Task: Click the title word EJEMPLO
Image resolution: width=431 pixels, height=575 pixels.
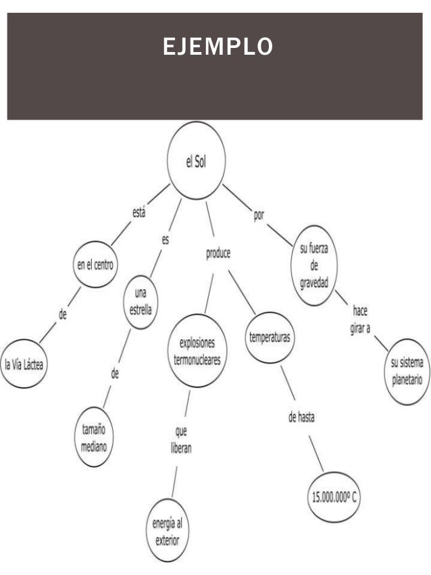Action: tap(218, 47)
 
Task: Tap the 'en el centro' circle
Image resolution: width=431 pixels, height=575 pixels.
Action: tap(95, 264)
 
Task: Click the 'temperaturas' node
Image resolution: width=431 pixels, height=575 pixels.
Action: tap(270, 337)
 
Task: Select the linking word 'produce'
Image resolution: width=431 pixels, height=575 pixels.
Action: tap(218, 254)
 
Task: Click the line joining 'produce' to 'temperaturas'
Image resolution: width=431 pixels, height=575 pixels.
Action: tap(242, 293)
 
